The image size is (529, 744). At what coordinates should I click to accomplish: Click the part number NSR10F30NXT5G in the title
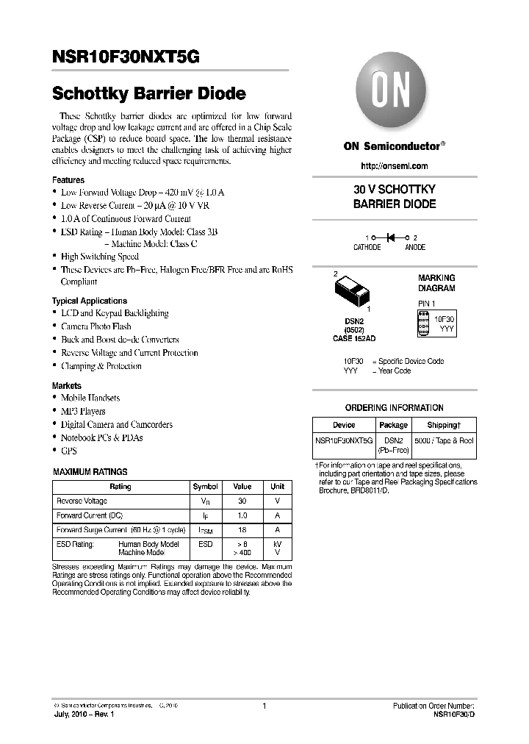click(x=125, y=57)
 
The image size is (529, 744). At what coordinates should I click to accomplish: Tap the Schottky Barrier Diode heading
click(x=148, y=94)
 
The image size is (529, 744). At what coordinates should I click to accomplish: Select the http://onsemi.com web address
click(x=394, y=168)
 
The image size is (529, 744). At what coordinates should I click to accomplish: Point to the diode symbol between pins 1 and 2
click(x=392, y=237)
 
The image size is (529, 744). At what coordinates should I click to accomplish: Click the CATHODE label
click(x=367, y=248)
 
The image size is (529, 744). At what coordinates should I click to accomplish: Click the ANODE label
click(x=415, y=248)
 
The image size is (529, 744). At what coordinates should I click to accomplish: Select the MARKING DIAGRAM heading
click(x=436, y=283)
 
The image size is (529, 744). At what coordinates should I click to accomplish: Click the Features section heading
click(x=68, y=180)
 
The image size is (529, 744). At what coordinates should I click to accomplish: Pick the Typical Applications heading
click(x=89, y=301)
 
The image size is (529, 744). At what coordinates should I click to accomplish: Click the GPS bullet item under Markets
click(x=68, y=451)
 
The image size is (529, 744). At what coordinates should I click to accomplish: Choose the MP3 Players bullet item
click(x=83, y=412)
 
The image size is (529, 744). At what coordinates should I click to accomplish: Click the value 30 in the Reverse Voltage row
click(x=242, y=501)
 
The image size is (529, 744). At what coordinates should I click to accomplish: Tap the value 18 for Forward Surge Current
click(x=242, y=529)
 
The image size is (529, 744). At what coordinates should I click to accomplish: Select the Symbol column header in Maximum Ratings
click(x=205, y=487)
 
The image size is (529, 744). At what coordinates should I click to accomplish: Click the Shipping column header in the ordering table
click(x=444, y=425)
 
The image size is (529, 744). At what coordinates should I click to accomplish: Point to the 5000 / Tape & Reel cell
click(x=444, y=440)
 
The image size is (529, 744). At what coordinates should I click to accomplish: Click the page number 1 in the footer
click(x=263, y=706)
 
